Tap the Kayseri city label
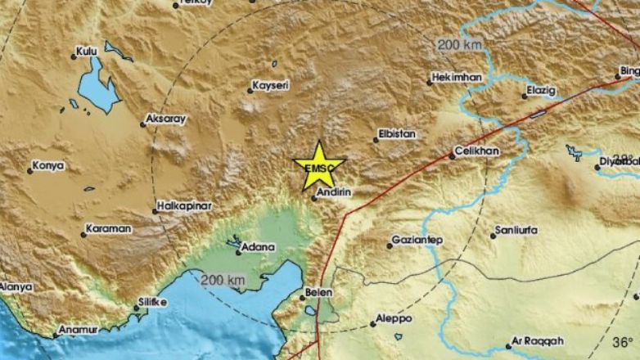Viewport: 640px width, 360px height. tap(273, 85)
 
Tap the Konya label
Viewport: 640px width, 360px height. tap(48, 166)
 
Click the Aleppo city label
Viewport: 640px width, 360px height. tap(395, 319)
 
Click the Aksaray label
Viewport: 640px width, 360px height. tap(167, 119)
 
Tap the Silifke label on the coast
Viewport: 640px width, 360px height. tap(155, 303)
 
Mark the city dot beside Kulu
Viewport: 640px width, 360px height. tap(74, 56)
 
